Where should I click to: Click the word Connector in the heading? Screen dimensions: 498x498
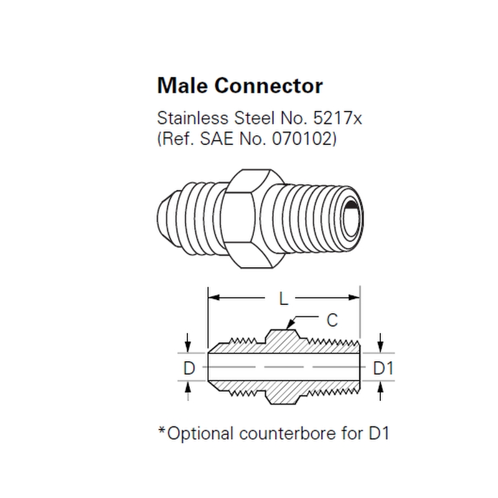click(x=269, y=86)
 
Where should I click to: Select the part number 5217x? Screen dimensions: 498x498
click(x=337, y=118)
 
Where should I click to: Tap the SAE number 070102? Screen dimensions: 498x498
click(x=303, y=139)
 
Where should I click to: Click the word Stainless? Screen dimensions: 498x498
click(x=193, y=118)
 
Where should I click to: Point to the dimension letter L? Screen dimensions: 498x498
click(x=283, y=299)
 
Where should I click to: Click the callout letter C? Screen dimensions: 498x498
click(x=332, y=320)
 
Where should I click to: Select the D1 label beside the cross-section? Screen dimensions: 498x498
click(x=383, y=369)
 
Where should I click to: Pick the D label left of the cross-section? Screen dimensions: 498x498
click(x=189, y=369)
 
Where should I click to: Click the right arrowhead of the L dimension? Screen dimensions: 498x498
click(x=354, y=298)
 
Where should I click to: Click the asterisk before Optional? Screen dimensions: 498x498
click(x=162, y=431)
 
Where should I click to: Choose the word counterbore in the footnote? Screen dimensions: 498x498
click(x=288, y=433)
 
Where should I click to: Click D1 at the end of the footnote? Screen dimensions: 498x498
click(x=379, y=433)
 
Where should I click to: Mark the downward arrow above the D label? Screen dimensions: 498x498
click(x=188, y=342)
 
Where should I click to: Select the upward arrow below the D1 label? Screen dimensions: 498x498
click(x=380, y=391)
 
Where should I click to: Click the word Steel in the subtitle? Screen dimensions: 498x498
click(x=254, y=118)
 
